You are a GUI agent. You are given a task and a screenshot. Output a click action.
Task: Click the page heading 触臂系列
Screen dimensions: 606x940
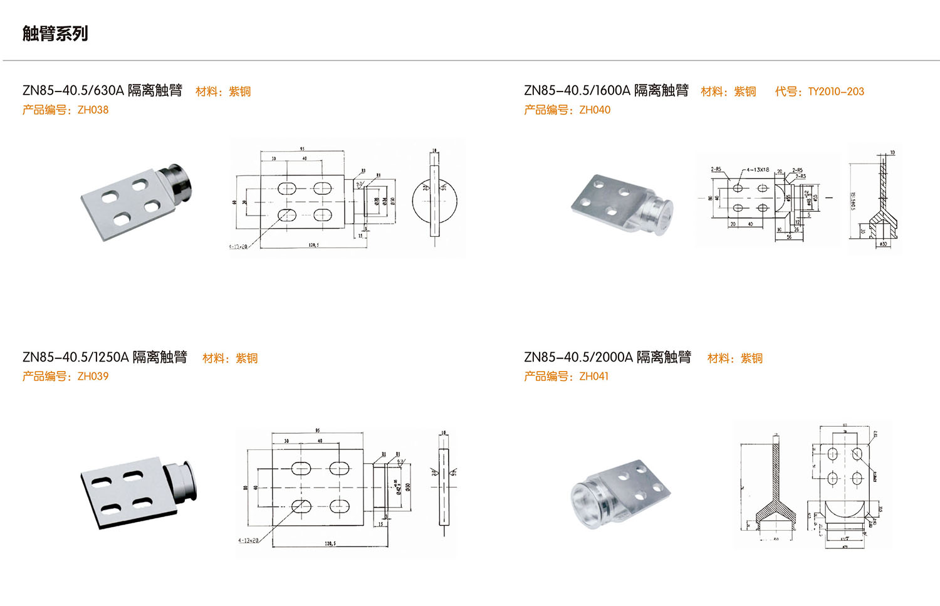[x=55, y=33]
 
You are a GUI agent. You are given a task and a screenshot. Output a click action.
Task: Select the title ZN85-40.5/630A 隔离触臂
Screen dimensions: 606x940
[x=102, y=90]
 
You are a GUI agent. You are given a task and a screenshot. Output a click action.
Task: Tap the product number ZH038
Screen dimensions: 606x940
[x=93, y=110]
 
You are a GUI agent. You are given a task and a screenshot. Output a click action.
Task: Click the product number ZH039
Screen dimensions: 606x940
[x=93, y=376]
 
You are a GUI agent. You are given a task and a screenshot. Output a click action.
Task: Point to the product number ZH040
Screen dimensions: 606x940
[x=595, y=110]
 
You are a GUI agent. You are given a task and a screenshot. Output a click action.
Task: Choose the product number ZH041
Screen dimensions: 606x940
[x=593, y=376]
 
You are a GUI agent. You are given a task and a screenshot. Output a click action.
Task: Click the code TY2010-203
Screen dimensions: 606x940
[x=835, y=91]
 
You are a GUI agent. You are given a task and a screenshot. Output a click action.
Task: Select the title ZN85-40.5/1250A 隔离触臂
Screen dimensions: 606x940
[x=105, y=357]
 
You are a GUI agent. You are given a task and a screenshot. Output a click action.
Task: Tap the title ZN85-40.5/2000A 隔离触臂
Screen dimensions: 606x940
[x=607, y=357]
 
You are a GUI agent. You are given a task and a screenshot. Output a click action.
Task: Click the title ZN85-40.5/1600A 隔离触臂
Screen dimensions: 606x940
[x=606, y=90]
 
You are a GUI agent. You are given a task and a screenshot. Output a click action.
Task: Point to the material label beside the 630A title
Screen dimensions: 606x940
[x=223, y=91]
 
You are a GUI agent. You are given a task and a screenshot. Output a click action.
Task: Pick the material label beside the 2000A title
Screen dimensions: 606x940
[x=734, y=358]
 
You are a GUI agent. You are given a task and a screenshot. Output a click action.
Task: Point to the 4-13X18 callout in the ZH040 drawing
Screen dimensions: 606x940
[x=757, y=170]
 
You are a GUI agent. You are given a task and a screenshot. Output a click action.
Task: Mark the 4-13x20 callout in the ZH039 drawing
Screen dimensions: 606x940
[x=248, y=540]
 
